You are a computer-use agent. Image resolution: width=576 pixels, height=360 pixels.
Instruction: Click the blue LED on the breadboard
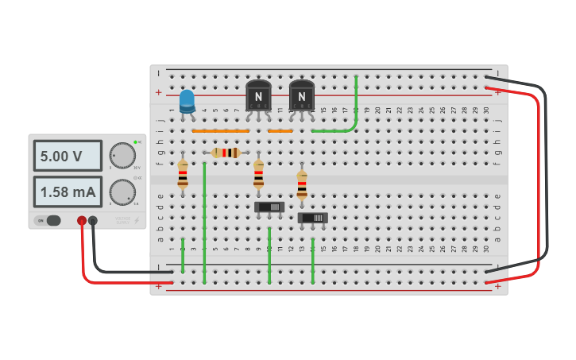click(x=187, y=101)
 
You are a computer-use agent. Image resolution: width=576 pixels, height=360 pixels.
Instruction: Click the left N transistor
click(x=258, y=95)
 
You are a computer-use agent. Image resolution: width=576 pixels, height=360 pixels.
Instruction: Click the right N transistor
click(x=302, y=95)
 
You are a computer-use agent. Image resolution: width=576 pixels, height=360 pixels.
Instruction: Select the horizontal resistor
click(x=226, y=153)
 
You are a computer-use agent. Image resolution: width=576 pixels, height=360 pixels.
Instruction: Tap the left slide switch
click(x=269, y=207)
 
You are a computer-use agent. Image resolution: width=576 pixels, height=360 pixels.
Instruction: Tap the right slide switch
click(x=312, y=218)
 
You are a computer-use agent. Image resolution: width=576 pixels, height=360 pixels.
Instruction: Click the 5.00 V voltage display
click(x=68, y=157)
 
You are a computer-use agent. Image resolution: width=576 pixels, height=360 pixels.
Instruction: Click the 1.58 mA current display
click(x=68, y=192)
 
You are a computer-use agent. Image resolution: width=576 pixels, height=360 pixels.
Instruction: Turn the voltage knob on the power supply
click(x=122, y=156)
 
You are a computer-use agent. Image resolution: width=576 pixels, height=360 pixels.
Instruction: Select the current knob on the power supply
click(x=122, y=192)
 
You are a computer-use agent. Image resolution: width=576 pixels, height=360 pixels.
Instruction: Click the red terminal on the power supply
click(x=82, y=220)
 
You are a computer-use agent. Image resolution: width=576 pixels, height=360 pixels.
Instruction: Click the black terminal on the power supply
click(x=93, y=220)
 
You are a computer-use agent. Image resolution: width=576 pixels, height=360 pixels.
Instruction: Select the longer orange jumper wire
click(x=221, y=130)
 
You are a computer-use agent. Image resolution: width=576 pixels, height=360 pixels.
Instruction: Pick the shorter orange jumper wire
click(x=280, y=130)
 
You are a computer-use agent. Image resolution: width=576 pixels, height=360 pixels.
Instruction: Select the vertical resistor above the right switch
click(x=302, y=185)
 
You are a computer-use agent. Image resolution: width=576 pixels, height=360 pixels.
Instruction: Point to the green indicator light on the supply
click(x=136, y=142)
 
